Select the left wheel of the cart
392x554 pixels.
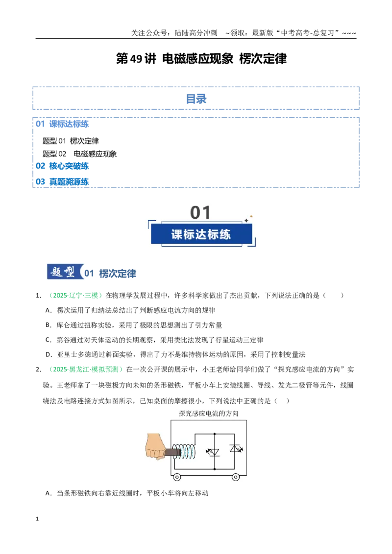(x=177, y=477)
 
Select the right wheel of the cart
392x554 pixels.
(x=236, y=477)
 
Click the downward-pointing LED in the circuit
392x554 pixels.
(x=213, y=452)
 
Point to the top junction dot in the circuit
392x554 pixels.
(x=215, y=434)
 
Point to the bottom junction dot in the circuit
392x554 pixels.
(x=215, y=469)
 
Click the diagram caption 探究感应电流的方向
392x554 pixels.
(x=208, y=414)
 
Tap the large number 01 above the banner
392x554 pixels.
(x=200, y=213)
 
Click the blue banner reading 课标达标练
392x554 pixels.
(x=201, y=234)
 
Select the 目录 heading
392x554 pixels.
(x=196, y=99)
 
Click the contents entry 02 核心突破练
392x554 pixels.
(x=62, y=166)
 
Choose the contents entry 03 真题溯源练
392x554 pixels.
(x=62, y=182)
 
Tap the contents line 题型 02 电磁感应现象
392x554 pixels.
(x=79, y=154)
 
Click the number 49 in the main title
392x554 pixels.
(x=136, y=59)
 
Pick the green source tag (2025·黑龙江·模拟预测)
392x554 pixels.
(x=86, y=369)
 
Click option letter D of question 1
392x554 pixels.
(x=49, y=355)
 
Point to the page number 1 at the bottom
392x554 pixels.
(x=37, y=519)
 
